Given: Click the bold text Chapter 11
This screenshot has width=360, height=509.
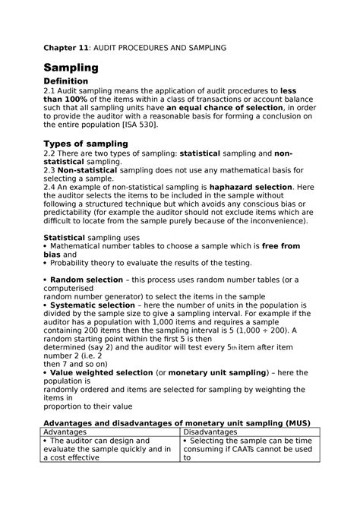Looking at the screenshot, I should tap(67, 48).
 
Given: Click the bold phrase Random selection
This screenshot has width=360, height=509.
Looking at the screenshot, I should tap(85, 280).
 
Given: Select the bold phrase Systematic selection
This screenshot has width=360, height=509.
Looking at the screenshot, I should tap(94, 305).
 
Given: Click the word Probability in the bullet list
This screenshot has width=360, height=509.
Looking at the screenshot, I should tap(74, 263).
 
